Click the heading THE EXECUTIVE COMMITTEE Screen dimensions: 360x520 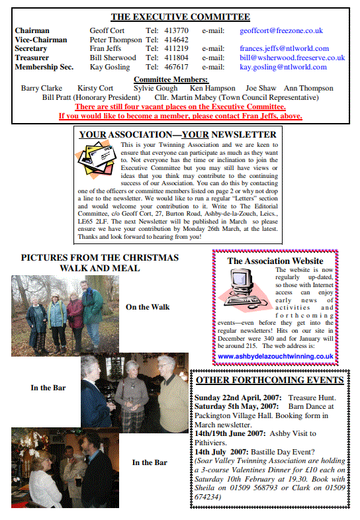click(180, 17)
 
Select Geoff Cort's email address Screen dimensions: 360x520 click(281, 30)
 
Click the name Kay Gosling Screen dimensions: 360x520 click(109, 67)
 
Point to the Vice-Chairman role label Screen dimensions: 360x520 click(41, 40)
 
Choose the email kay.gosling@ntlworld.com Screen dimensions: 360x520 click(283, 67)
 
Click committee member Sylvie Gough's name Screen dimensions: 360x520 click(156, 88)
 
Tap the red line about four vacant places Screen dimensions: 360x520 click(181, 107)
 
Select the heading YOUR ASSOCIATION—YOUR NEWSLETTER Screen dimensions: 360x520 click(178, 134)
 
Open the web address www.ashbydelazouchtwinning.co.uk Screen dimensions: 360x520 click(275, 356)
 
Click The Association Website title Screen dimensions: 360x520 click(275, 261)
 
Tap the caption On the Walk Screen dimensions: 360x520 click(148, 306)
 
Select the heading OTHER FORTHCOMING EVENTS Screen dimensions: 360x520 click(269, 380)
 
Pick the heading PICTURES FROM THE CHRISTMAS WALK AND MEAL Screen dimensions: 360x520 click(99, 263)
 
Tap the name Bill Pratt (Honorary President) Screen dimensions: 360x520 click(91, 97)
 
